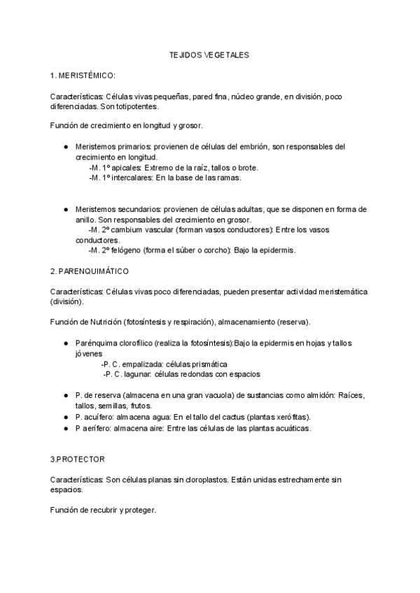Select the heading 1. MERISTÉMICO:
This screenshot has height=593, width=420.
[x=83, y=75]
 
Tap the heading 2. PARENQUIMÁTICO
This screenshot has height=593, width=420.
[x=89, y=270]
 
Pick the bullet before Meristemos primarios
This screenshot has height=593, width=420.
[x=65, y=148]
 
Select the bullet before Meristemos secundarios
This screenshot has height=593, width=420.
[x=65, y=209]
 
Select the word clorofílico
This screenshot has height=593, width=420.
[x=132, y=343]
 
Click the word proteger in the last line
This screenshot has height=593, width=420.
[x=139, y=510]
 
